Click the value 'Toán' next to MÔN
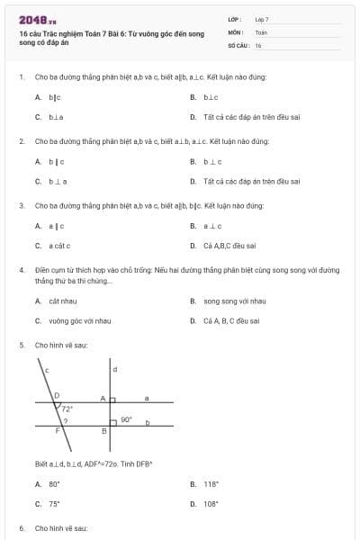261,31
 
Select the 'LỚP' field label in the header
235,19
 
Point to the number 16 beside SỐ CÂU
258,44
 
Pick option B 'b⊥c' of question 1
211,96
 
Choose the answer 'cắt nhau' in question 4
62,301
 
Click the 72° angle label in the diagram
66,409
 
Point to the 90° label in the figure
126,418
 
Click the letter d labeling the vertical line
114,369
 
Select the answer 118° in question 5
211,484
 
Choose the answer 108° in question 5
211,504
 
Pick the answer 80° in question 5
53,484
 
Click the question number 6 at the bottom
22,528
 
